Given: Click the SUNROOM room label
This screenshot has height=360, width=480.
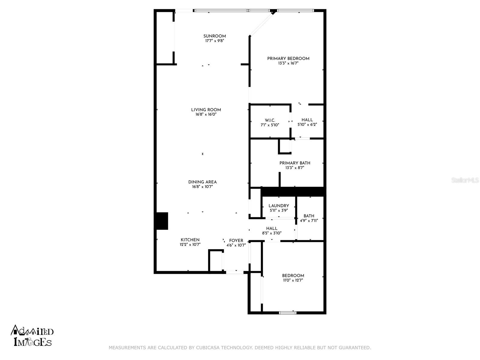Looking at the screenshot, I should pos(214,36).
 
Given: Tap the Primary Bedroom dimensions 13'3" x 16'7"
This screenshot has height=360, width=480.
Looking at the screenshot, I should pos(288,63).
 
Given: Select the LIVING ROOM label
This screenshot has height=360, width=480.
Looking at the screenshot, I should pos(206,110).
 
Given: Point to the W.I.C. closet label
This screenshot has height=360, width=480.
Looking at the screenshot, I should pos(270,120).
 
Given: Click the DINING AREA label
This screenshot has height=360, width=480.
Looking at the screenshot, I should pos(202,182).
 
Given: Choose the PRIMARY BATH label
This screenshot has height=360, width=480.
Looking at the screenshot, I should pos(295,163).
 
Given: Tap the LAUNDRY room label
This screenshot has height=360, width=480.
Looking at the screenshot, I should pos(279,206).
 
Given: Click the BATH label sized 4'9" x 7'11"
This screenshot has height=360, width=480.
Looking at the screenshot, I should pos(309,216).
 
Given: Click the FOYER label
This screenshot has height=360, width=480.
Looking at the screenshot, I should pos(236,241).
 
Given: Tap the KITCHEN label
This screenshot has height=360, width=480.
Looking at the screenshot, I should pos(190,240).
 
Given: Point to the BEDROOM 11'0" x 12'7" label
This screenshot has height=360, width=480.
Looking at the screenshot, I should pos(293,276).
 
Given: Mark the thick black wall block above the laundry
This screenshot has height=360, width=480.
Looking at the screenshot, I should pos(292,192).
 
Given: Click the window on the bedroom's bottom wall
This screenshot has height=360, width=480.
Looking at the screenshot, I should pos(288,313).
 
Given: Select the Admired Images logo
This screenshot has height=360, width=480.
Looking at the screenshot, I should pos(32,336).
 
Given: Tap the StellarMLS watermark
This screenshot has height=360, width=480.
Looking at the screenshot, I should pos(465,180).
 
